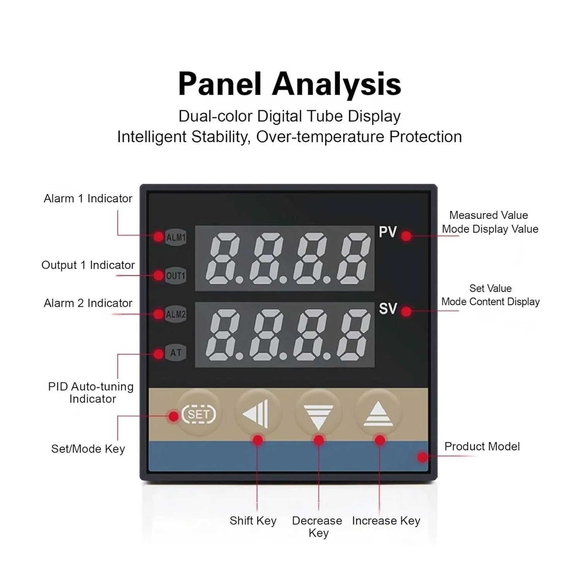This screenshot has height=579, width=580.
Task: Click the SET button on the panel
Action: click(x=198, y=414)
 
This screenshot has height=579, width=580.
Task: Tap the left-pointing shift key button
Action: click(x=257, y=414)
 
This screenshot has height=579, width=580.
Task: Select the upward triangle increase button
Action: click(x=378, y=414)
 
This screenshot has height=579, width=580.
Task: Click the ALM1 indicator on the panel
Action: click(x=176, y=237)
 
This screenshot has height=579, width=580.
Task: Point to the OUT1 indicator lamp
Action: click(x=176, y=276)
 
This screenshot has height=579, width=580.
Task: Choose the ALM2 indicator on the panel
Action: click(x=176, y=314)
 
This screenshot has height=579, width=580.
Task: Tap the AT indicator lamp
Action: click(x=176, y=353)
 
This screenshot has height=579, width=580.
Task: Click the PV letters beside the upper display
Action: click(x=388, y=232)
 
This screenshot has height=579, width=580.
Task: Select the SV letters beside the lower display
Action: click(x=388, y=309)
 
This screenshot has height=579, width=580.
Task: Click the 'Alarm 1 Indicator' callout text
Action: click(x=88, y=199)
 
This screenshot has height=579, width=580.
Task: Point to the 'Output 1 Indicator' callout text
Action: click(x=88, y=265)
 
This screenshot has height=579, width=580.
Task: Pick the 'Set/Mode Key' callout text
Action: click(x=88, y=449)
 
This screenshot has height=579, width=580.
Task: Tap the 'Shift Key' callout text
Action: click(x=253, y=521)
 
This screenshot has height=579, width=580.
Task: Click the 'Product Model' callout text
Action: click(x=482, y=447)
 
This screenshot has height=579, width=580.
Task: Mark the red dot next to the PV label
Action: click(x=406, y=236)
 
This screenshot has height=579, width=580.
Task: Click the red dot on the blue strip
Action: click(x=423, y=457)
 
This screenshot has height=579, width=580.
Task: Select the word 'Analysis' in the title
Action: click(x=337, y=84)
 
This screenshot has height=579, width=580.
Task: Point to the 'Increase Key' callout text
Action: click(x=386, y=521)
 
